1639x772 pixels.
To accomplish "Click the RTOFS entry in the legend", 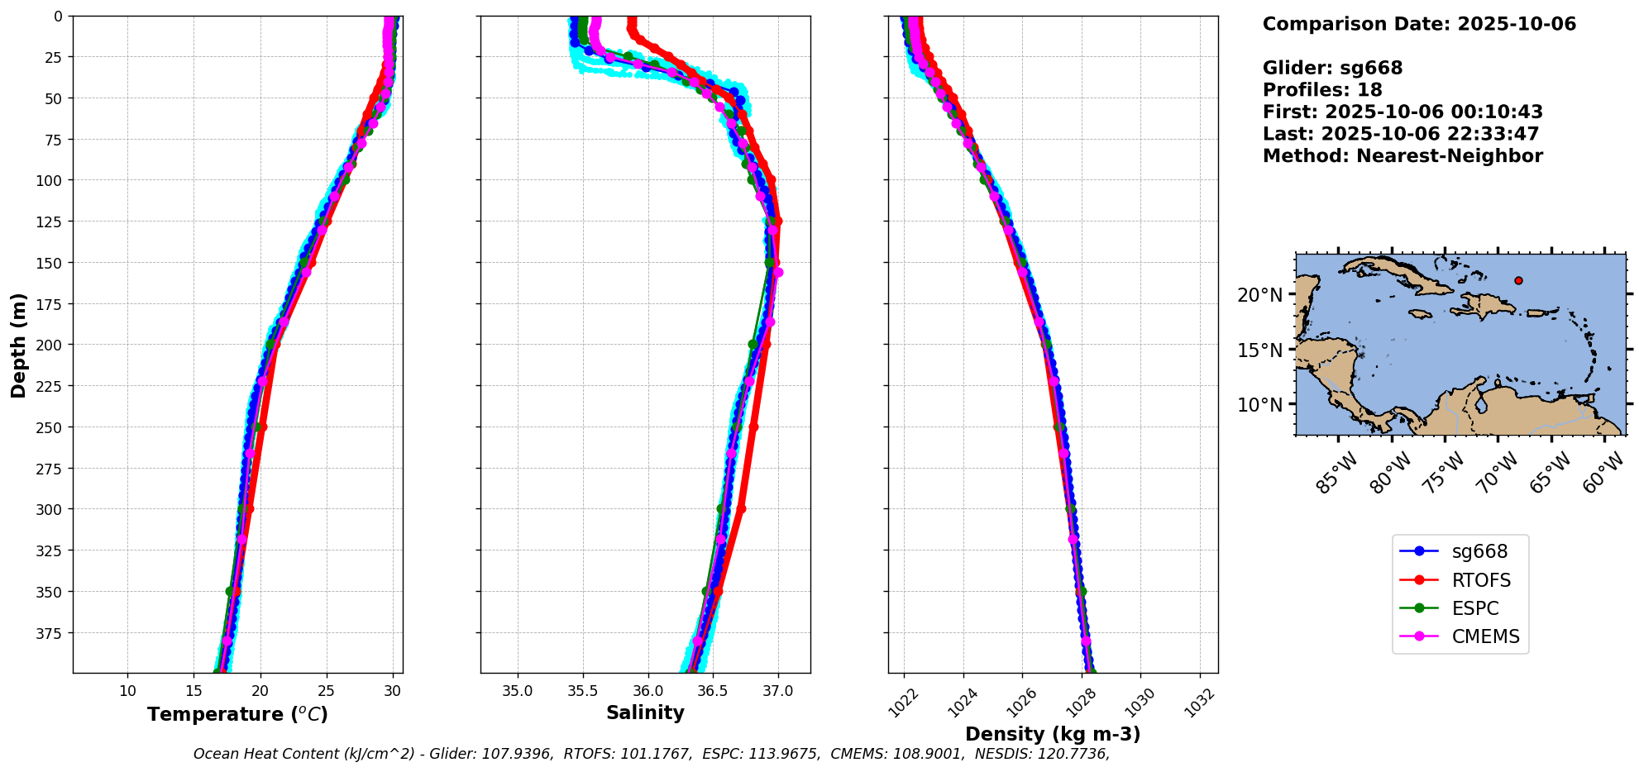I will click(1480, 580).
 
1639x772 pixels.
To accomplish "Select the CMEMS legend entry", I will click(1485, 636).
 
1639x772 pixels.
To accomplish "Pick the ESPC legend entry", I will click(1474, 608).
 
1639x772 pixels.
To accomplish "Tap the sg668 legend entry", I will click(1479, 551).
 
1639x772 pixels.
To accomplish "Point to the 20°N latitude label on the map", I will click(1259, 295).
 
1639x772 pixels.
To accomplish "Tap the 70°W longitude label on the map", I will click(1498, 474).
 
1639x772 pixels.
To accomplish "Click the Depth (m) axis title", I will click(18, 345).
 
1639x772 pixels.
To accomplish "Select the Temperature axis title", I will click(237, 714).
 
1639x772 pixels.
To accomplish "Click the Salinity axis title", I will click(645, 713).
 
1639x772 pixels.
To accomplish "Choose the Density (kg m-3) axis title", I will click(1053, 734).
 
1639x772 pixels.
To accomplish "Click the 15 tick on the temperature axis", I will click(194, 691).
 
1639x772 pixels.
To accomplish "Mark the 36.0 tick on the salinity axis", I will click(647, 691).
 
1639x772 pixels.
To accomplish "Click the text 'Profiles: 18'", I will click(1322, 90).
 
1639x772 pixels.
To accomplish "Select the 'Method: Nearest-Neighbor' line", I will click(1402, 156).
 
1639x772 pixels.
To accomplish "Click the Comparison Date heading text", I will click(1419, 24).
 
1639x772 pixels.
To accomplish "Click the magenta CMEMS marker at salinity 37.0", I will click(777, 272).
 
